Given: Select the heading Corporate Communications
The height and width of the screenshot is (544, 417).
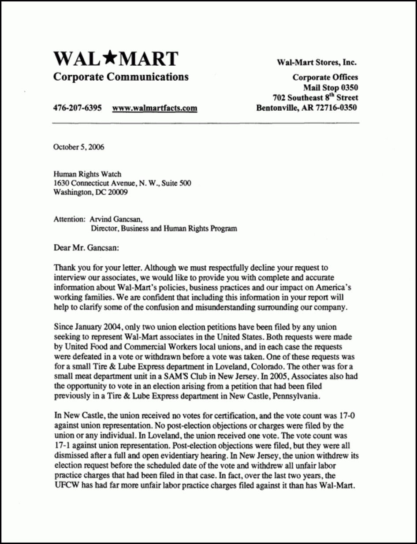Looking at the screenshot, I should tap(121, 77).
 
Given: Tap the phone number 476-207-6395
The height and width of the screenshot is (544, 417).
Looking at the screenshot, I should tap(78, 108).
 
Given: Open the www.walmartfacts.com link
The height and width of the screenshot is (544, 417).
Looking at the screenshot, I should tap(155, 108).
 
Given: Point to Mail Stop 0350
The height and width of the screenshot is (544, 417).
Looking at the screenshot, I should tap(331, 87).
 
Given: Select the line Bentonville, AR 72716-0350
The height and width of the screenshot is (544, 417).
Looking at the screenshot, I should tap(306, 108).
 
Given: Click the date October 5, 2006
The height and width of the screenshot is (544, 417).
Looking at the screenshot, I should tap(79, 147).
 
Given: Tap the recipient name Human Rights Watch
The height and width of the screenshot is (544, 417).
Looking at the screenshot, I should tap(87, 175).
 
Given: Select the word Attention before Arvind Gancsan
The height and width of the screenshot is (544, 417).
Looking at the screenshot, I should tap(68, 219).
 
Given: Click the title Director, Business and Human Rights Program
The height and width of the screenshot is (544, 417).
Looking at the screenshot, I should tap(164, 228).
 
